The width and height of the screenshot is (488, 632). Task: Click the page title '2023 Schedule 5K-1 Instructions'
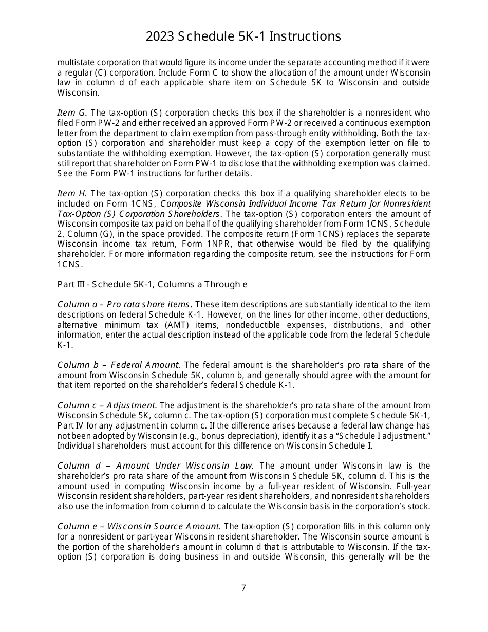[x=243, y=36]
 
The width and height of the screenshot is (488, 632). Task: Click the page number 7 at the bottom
[x=243, y=588]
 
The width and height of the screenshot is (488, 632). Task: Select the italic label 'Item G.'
[x=72, y=113]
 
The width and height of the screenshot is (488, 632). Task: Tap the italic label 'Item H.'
[x=72, y=194]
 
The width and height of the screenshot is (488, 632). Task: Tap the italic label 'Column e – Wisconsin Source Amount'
[x=139, y=527]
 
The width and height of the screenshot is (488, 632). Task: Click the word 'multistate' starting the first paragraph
[x=74, y=63]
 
